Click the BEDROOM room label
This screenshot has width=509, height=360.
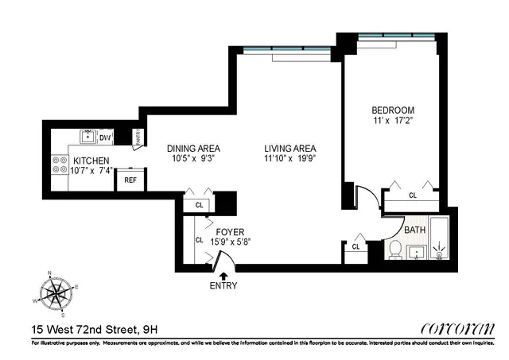tap(393, 110)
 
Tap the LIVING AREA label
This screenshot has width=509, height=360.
tap(290, 148)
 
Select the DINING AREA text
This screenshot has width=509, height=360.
tap(193, 148)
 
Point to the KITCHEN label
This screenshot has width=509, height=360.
tap(92, 160)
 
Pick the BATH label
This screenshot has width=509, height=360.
tap(414, 230)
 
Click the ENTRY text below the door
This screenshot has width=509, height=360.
tap(223, 285)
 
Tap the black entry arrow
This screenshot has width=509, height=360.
tap(223, 274)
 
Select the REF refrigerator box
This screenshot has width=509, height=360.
tap(130, 180)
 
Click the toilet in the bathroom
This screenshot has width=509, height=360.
tap(394, 250)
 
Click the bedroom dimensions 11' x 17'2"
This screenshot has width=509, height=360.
tap(393, 122)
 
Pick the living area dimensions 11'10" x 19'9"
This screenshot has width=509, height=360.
tap(290, 159)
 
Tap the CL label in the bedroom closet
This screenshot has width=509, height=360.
tap(413, 195)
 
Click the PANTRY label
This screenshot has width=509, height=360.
tap(141, 137)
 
